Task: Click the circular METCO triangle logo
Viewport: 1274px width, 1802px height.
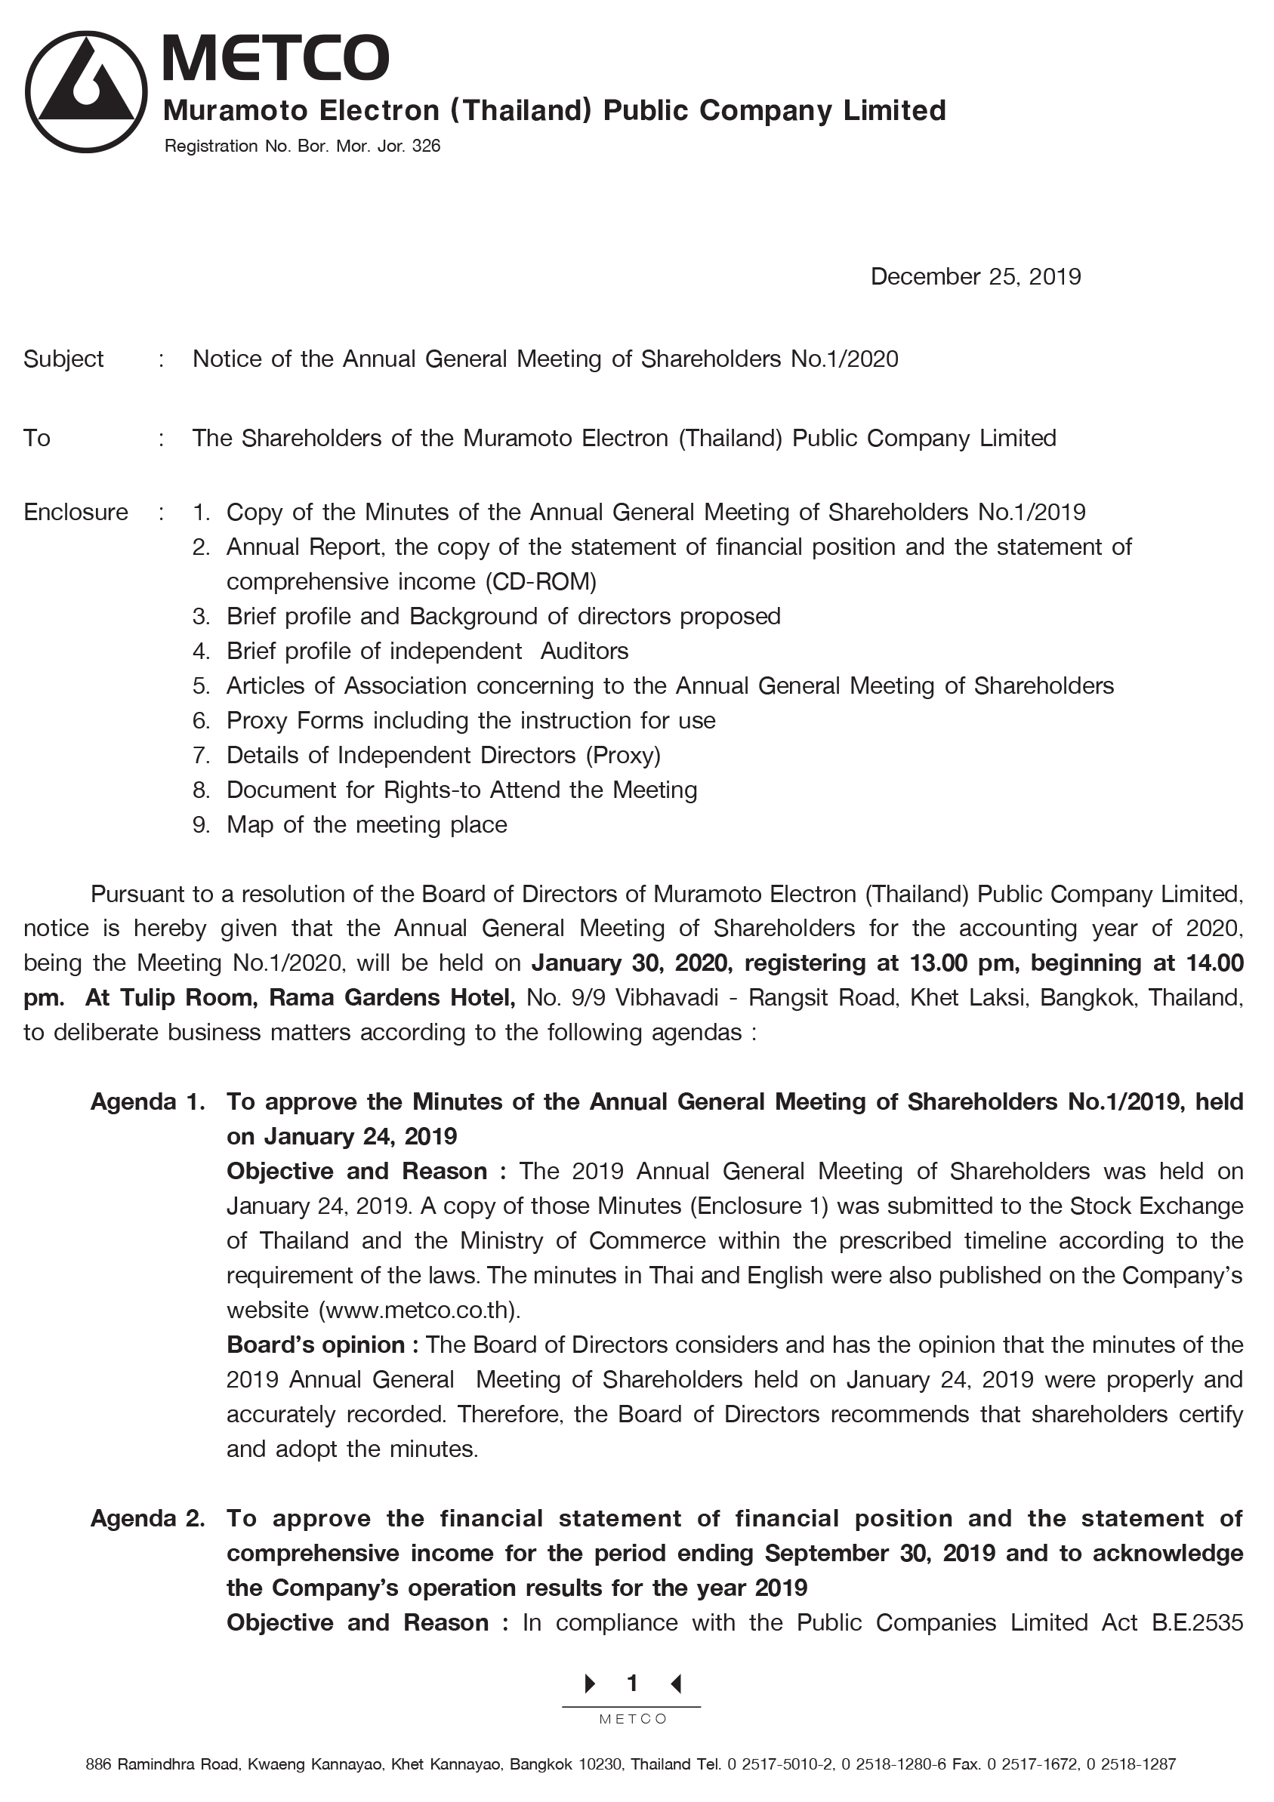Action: coord(86,92)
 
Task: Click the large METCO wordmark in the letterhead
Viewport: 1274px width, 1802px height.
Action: coord(276,58)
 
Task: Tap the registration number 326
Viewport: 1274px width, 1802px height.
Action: coord(426,146)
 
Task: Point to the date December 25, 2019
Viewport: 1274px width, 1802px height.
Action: coord(975,277)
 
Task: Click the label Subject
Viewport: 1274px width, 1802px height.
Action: coord(63,359)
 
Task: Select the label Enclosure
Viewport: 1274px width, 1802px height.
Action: coord(76,513)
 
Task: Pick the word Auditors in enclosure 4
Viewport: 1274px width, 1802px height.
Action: coord(584,651)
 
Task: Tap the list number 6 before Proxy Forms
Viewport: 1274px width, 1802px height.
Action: coord(200,720)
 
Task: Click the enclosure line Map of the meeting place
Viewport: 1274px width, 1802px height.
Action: coord(366,825)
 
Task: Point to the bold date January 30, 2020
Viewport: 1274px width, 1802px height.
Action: coord(632,963)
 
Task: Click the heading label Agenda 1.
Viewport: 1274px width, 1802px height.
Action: coord(147,1102)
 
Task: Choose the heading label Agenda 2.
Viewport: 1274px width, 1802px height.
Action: coord(147,1519)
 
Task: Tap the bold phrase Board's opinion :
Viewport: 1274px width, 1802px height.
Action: coord(322,1345)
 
